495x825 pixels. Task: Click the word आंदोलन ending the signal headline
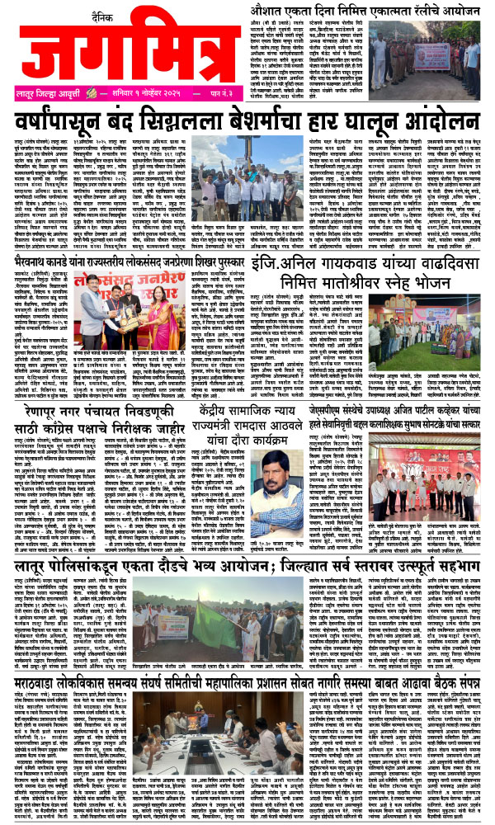(442, 125)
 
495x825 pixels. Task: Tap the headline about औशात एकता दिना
(367, 9)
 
